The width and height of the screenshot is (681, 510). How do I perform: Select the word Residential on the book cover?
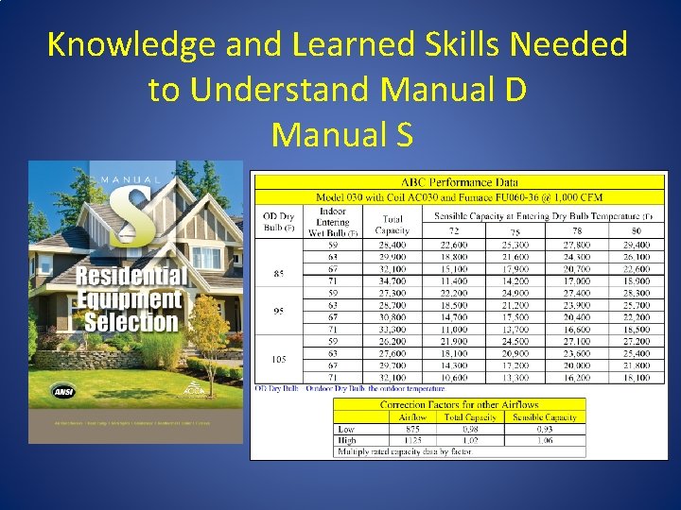(131, 277)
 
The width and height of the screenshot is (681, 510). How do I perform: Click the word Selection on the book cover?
(131, 321)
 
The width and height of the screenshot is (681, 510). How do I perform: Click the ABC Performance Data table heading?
(459, 181)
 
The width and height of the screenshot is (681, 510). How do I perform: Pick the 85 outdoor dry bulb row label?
(278, 274)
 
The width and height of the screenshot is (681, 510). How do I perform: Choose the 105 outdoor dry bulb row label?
(278, 359)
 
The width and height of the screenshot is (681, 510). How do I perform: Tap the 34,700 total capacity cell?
(392, 280)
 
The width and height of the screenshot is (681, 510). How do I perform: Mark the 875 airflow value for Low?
(412, 429)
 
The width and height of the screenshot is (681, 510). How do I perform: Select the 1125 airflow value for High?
(412, 440)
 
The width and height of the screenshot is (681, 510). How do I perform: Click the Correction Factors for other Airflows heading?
(459, 404)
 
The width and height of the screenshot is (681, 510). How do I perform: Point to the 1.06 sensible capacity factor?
(545, 440)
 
